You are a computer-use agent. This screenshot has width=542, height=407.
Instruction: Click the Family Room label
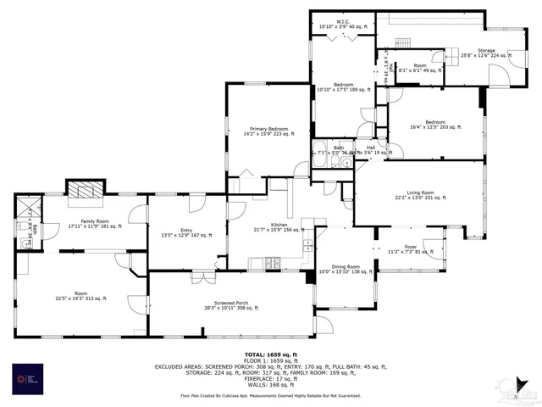pyautogui.click(x=95, y=224)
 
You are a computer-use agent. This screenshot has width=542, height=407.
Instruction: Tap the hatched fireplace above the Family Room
pyautogui.click(x=84, y=191)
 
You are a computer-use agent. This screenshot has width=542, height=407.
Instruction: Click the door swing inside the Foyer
pyautogui.click(x=430, y=248)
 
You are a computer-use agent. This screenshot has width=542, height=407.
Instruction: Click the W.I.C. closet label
pyautogui.click(x=341, y=25)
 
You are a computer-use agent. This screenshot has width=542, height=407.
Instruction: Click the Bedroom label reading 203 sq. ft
pyautogui.click(x=434, y=125)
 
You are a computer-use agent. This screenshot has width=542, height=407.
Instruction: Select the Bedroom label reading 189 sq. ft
pyautogui.click(x=342, y=86)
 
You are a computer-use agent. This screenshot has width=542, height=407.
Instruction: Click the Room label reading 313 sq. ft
pyautogui.click(x=80, y=296)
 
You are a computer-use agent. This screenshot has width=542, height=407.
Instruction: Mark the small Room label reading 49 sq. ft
pyautogui.click(x=420, y=68)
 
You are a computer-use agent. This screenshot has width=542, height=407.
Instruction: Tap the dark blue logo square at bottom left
pyautogui.click(x=29, y=379)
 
